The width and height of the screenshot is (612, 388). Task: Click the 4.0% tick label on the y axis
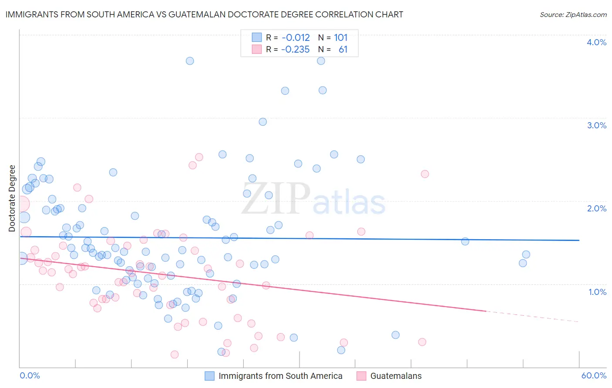(x=596, y=42)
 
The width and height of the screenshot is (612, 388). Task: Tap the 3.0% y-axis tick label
(x=596, y=125)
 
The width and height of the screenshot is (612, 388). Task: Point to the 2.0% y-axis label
(x=596, y=208)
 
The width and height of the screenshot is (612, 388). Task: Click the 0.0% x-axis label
(x=30, y=375)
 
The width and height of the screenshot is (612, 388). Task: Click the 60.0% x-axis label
(x=594, y=375)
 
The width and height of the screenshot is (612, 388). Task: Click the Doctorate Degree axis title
(x=12, y=198)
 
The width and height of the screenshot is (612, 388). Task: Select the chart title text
(x=204, y=14)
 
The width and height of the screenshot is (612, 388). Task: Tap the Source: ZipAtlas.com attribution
(x=573, y=14)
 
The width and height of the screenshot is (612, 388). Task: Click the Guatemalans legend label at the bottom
(x=396, y=376)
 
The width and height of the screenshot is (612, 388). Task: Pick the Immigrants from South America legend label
(x=280, y=376)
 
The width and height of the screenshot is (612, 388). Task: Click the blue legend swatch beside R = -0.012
(x=257, y=37)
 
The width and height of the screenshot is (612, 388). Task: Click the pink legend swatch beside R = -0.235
(x=257, y=49)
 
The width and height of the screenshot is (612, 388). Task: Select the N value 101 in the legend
(x=340, y=37)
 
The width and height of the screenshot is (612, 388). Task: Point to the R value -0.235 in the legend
(x=295, y=49)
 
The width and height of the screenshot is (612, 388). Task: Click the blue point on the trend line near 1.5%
(x=465, y=241)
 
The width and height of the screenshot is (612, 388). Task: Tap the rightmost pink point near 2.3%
(x=425, y=174)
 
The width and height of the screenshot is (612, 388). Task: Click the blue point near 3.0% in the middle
(x=262, y=122)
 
